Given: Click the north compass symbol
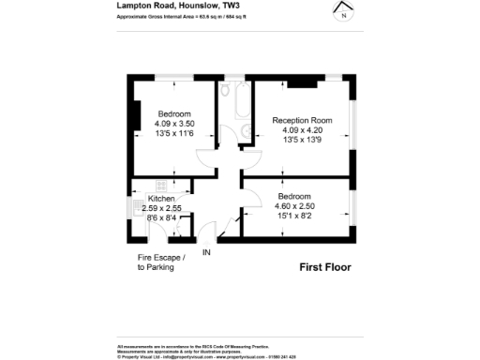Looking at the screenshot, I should coord(343,11).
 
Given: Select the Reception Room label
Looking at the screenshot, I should coord(302,120).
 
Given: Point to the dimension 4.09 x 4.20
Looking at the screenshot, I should coord(302,129).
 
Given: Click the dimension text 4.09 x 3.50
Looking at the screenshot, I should coord(174,123).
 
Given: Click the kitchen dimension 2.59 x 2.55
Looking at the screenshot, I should coord(161,208).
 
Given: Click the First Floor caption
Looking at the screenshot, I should coord(324,267).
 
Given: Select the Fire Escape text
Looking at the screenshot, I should coord(156,257).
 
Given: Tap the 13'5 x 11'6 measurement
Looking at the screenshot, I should coord(174,133).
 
